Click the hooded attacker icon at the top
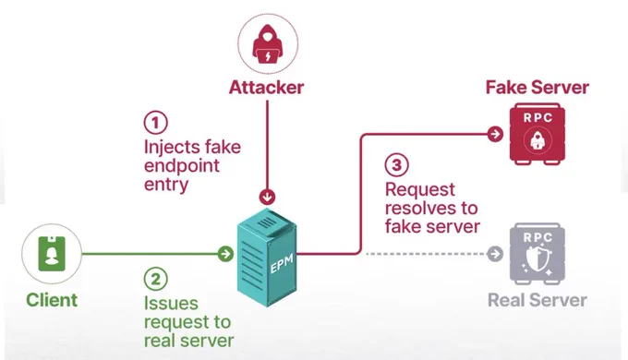click(268, 44)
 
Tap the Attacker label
click(266, 88)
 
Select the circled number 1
click(156, 122)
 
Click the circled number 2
click(156, 279)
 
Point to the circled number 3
click(396, 164)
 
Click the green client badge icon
click(52, 254)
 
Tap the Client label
click(52, 300)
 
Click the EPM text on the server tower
click(282, 263)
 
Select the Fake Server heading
click(537, 88)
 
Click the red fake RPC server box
click(537, 134)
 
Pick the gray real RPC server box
click(537, 254)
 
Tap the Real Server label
click(537, 300)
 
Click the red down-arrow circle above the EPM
click(267, 197)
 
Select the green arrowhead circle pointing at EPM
click(226, 254)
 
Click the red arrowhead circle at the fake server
click(495, 134)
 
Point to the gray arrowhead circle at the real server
click(495, 254)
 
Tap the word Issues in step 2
click(171, 303)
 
